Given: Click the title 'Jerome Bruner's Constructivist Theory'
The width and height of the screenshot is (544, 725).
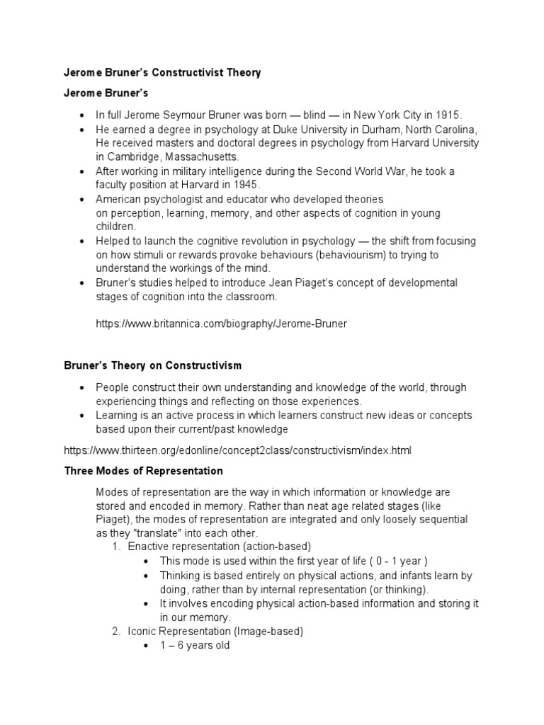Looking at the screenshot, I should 162,73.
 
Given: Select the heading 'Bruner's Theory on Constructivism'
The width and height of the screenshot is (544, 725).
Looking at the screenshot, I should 152,366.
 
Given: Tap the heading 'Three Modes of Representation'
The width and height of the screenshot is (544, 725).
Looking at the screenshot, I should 143,471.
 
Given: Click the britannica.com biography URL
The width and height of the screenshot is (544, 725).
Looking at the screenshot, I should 220,324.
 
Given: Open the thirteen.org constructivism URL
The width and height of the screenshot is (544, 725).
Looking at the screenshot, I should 237,450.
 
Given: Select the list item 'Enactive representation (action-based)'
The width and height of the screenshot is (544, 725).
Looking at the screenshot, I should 219,547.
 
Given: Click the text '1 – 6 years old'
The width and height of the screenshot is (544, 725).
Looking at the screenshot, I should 195,646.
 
